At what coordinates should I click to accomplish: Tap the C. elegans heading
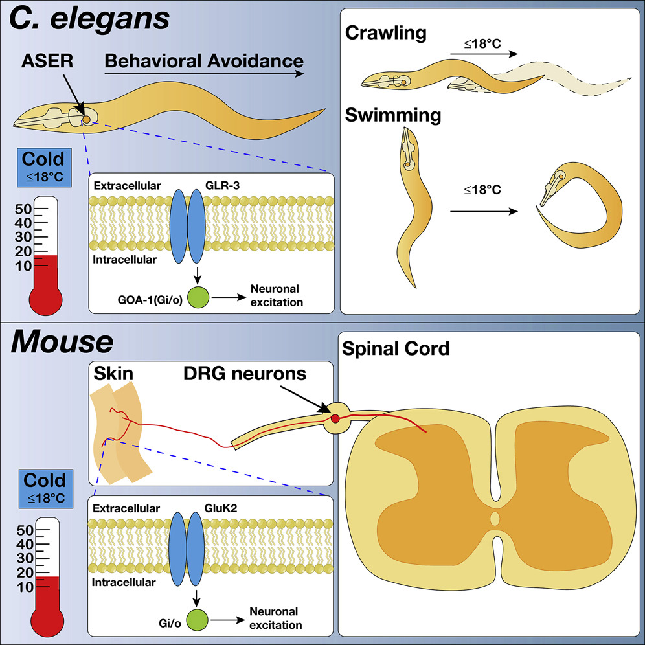(x=89, y=20)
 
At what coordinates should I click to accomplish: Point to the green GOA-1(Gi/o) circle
(x=199, y=298)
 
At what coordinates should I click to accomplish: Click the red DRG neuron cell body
(x=335, y=419)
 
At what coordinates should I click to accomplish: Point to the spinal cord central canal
(x=495, y=519)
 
